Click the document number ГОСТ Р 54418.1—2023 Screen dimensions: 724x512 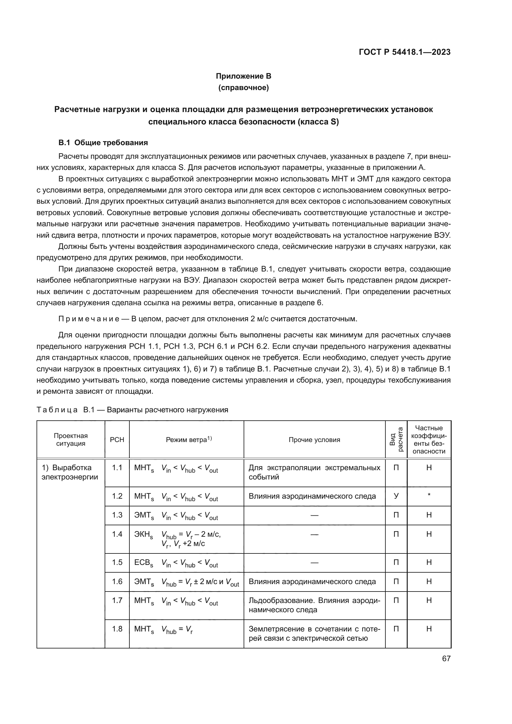tap(405, 52)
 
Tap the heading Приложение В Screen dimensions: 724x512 tap(243, 76)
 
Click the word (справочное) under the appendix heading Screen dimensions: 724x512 tap(243, 88)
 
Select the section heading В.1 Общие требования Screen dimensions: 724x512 tap(103, 142)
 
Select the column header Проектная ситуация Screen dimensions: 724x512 tap(71, 440)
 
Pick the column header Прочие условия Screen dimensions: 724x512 tap(314, 440)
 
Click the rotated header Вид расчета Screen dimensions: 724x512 tap(396, 440)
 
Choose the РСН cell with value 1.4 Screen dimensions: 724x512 tap(117, 534)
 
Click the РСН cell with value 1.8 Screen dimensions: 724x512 tap(117, 629)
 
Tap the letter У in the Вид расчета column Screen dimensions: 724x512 tap(396, 496)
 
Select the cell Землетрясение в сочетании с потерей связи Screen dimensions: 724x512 tap(314, 634)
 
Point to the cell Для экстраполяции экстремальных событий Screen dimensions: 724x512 tap(314, 472)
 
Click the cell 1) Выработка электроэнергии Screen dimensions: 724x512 tap(70, 472)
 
